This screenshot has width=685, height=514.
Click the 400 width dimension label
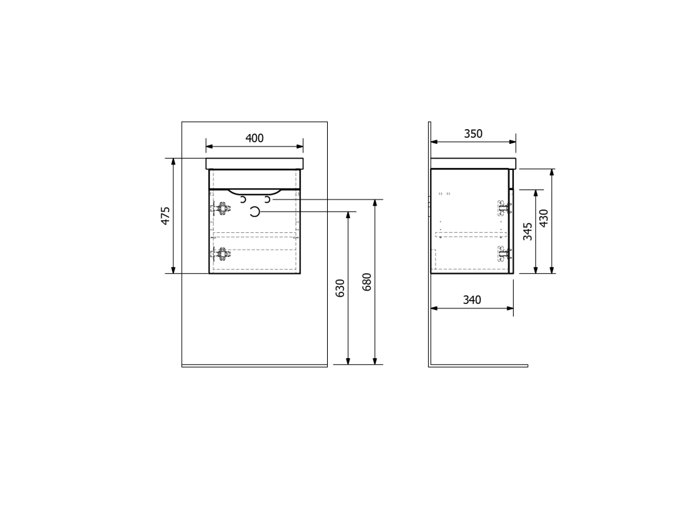(x=254, y=138)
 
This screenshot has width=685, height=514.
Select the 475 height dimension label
(x=166, y=216)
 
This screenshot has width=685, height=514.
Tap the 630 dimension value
(x=340, y=288)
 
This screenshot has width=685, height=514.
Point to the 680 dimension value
(x=367, y=282)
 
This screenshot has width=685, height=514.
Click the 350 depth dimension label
(x=473, y=134)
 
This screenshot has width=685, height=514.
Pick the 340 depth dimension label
(x=472, y=300)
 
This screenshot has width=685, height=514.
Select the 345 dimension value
(x=528, y=231)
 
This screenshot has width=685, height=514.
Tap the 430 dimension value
(x=543, y=218)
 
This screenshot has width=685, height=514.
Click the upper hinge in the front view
(x=221, y=209)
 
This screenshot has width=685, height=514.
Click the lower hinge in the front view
(x=221, y=254)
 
